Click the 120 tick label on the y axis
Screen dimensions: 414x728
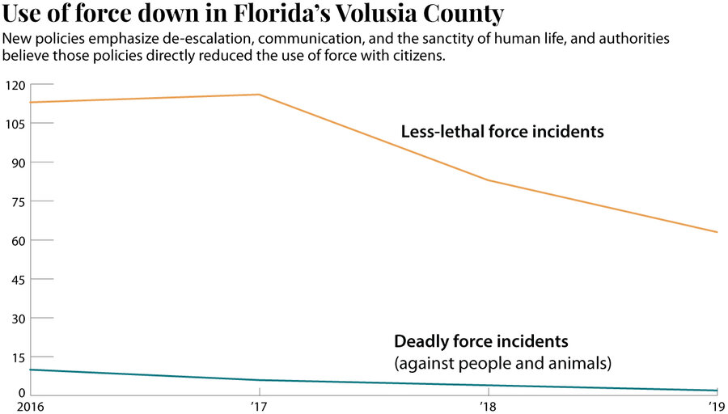point(15,85)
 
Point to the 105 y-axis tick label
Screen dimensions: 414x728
point(15,124)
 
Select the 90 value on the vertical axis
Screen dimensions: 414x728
point(18,163)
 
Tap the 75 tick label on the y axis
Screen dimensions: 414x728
point(18,201)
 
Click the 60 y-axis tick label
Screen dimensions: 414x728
point(18,240)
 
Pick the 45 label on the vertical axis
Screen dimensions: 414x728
point(18,279)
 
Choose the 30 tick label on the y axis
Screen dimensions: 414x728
point(18,318)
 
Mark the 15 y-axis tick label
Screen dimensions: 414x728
point(18,357)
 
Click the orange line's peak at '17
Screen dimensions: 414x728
point(259,95)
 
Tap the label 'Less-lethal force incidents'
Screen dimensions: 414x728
point(502,131)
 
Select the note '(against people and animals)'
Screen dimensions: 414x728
point(502,363)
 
